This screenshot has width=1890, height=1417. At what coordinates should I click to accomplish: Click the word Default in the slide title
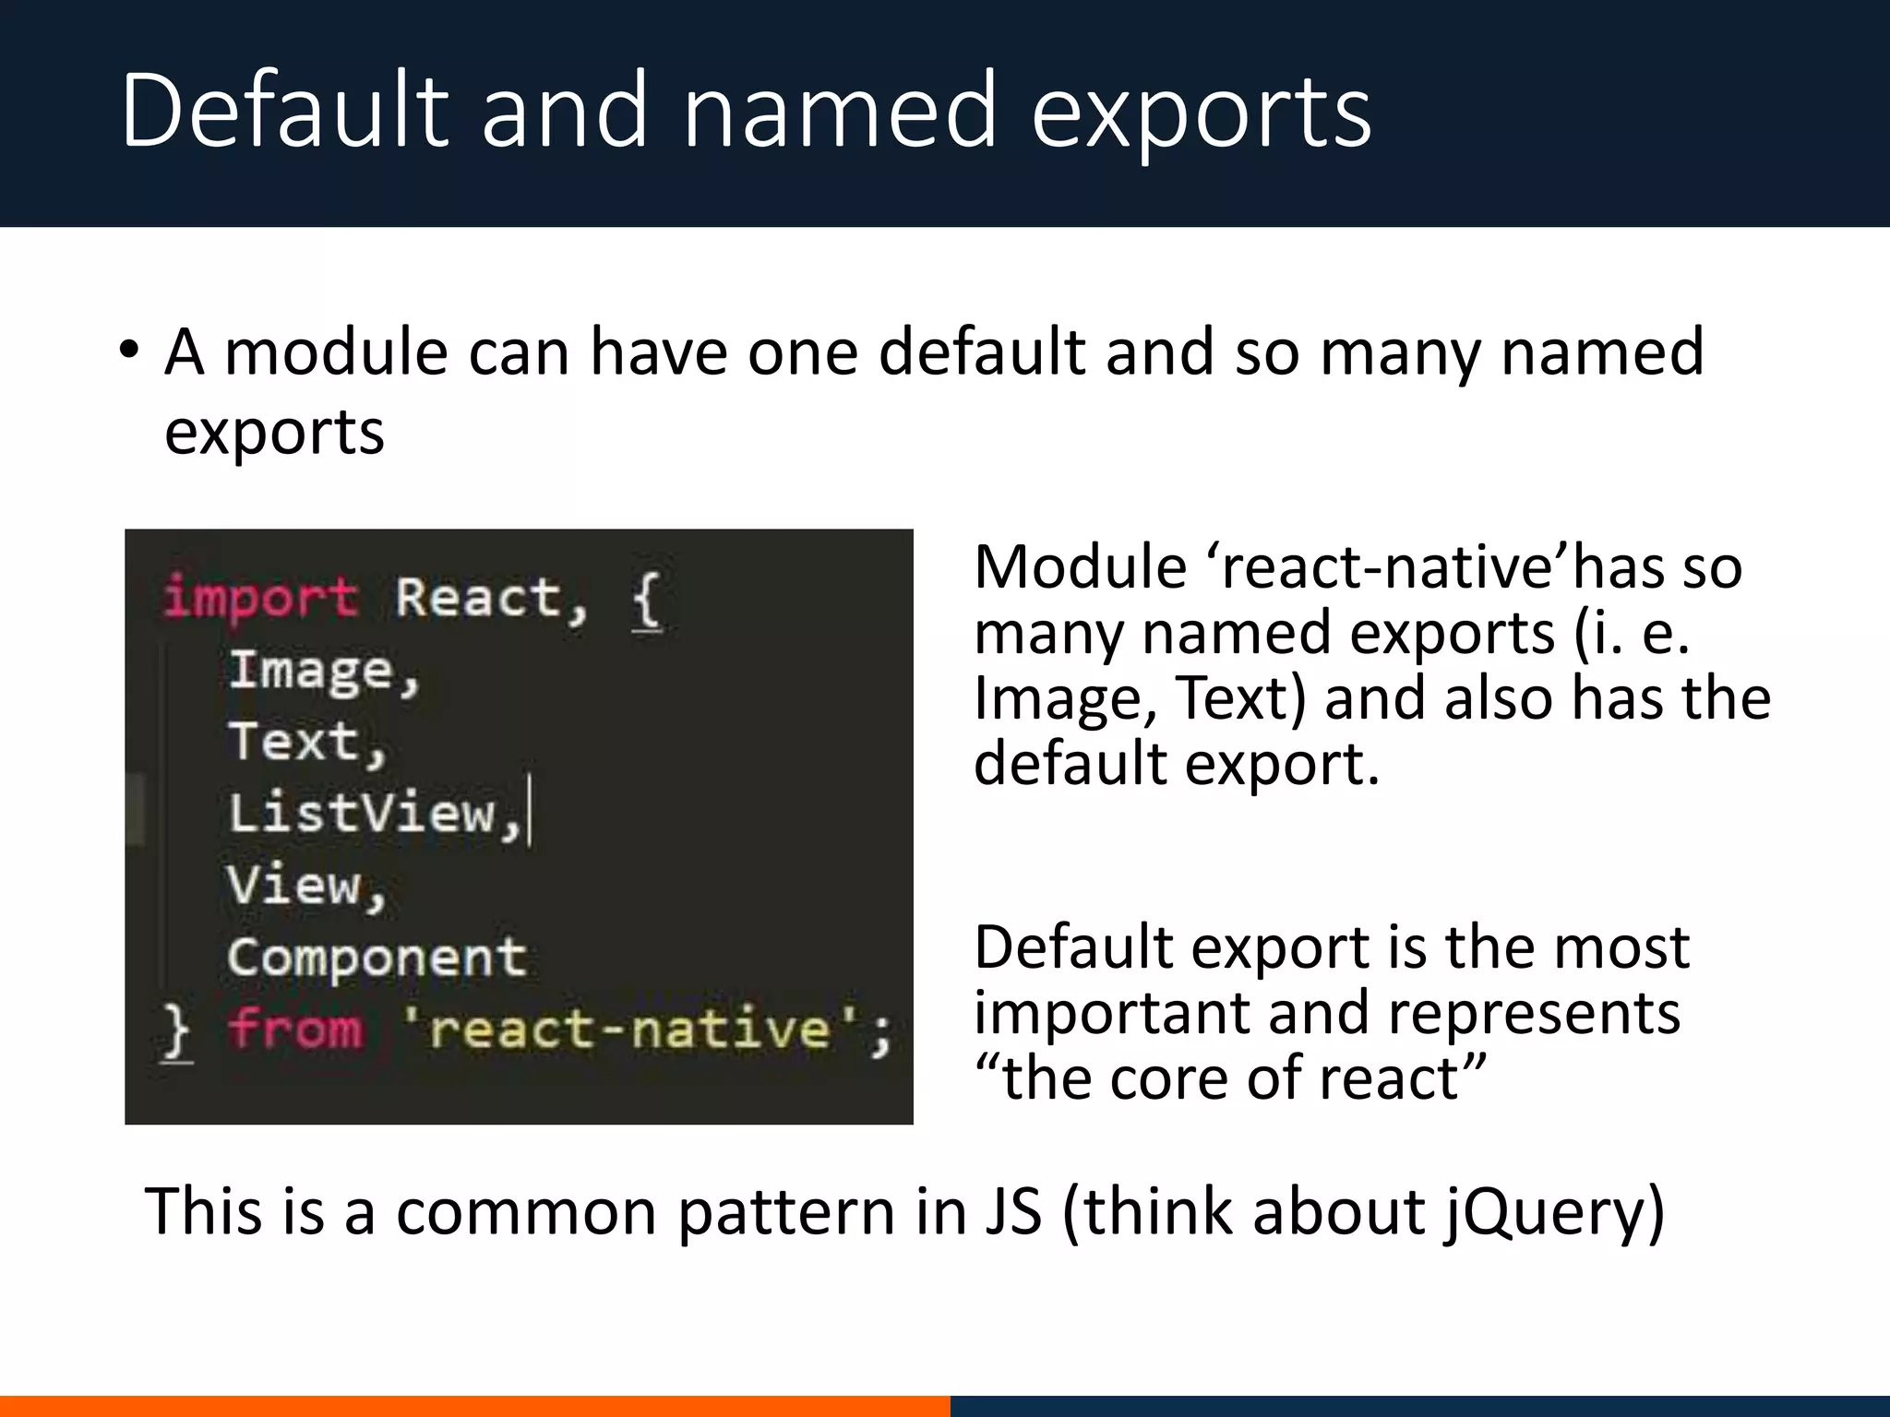click(x=284, y=111)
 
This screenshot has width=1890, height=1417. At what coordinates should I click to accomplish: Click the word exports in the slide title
click(x=1200, y=115)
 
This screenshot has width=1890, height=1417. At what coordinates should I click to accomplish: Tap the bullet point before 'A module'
click(x=129, y=351)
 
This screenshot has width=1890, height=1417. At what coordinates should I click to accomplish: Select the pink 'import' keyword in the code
click(x=260, y=598)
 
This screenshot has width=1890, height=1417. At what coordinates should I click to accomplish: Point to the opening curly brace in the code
click(x=646, y=600)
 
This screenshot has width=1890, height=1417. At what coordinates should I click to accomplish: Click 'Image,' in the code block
click(x=324, y=672)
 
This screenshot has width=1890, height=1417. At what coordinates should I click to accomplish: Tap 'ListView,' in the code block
click(x=375, y=814)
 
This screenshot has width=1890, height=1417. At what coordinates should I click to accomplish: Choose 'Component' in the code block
click(x=377, y=958)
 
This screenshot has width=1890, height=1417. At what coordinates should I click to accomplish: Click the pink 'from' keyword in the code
click(x=295, y=1029)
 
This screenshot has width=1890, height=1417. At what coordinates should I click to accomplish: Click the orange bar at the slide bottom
click(x=474, y=1406)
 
